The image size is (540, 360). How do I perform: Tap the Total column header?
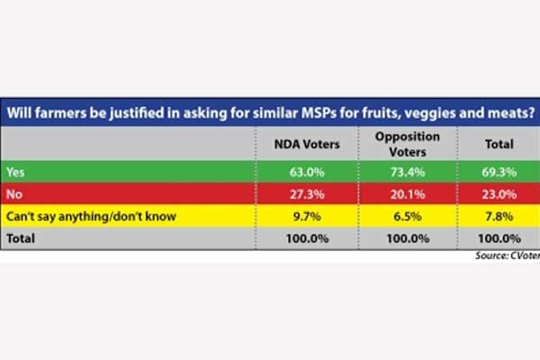click(x=498, y=143)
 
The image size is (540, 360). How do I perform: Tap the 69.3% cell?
click(x=498, y=170)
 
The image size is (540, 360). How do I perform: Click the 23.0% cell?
click(x=498, y=193)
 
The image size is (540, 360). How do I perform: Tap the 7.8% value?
click(x=499, y=217)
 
